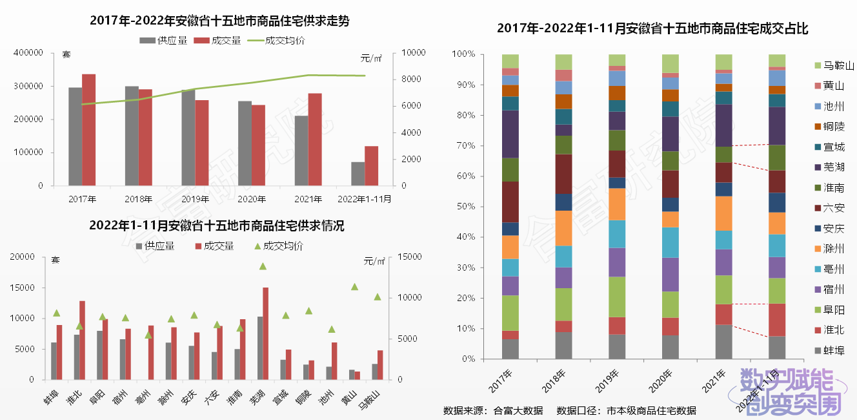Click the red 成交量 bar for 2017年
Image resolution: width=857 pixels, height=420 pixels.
(88, 130)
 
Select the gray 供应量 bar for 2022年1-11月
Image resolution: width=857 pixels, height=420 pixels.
(358, 174)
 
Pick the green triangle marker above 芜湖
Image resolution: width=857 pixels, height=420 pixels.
(263, 266)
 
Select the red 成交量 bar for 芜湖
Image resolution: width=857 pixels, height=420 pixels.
(265, 333)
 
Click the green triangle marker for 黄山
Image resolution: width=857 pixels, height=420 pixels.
(354, 286)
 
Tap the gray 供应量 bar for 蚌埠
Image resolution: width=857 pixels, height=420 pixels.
(54, 361)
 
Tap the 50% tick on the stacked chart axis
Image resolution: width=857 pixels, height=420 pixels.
(465, 207)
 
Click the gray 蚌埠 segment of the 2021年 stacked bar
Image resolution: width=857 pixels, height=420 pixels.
(723, 342)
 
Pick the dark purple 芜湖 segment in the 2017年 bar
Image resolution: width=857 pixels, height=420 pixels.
(510, 134)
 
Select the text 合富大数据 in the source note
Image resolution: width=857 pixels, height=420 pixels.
(518, 410)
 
